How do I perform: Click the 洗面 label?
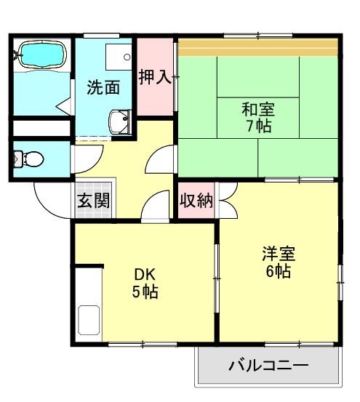(x=103, y=87)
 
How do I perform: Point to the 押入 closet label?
(x=155, y=77)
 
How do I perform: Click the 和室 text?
(x=259, y=110)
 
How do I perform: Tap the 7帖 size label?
(x=259, y=127)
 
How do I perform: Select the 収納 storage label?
(x=196, y=201)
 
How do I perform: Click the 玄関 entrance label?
(x=94, y=201)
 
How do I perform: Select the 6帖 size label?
(x=279, y=272)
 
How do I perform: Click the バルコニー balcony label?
(x=268, y=365)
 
